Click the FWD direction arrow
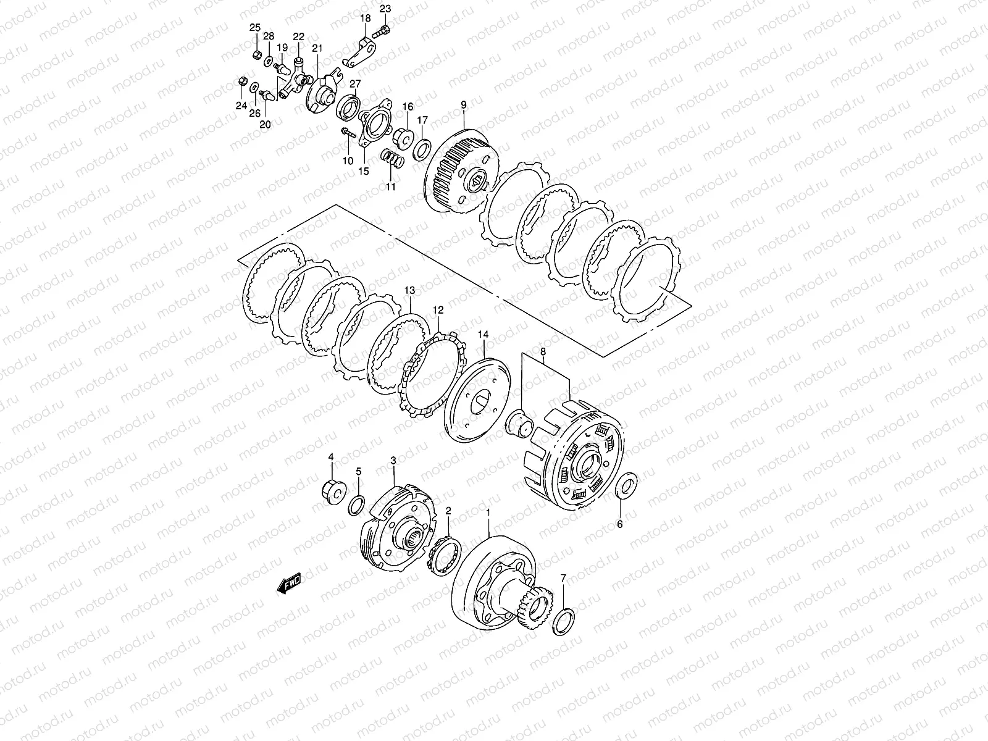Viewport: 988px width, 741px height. coord(288,584)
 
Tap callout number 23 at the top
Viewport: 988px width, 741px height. coord(385,9)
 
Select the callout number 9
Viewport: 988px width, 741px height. coord(464,105)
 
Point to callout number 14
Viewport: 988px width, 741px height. coord(483,334)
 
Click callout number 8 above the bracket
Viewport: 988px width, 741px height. coord(543,351)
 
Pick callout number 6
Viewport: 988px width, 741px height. coord(619,524)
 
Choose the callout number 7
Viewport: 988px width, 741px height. coord(563,578)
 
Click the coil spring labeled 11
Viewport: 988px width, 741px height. coord(393,160)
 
